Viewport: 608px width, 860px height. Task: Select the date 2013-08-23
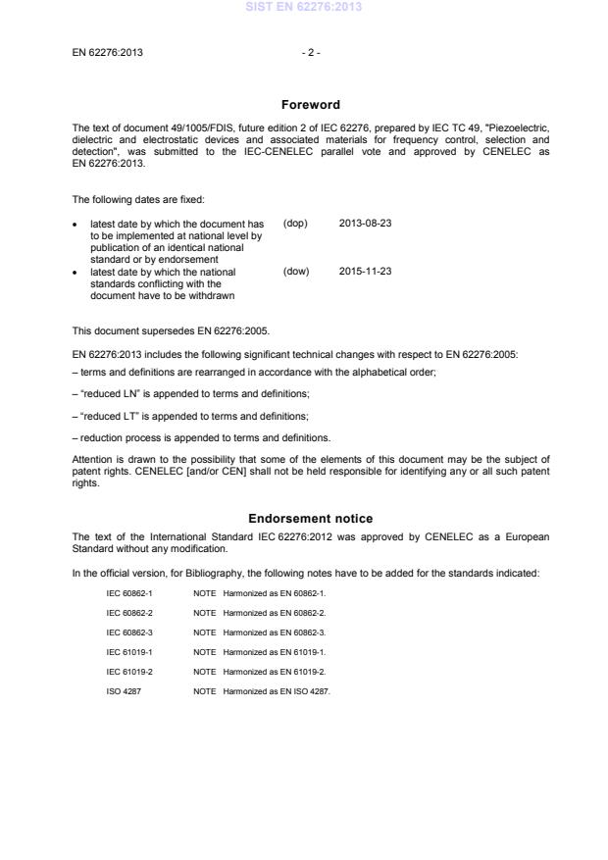pyautogui.click(x=366, y=223)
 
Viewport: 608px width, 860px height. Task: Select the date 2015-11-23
pyautogui.click(x=366, y=271)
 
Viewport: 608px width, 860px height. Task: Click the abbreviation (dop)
pyautogui.click(x=295, y=223)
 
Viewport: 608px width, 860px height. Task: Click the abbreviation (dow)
pyautogui.click(x=295, y=271)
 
